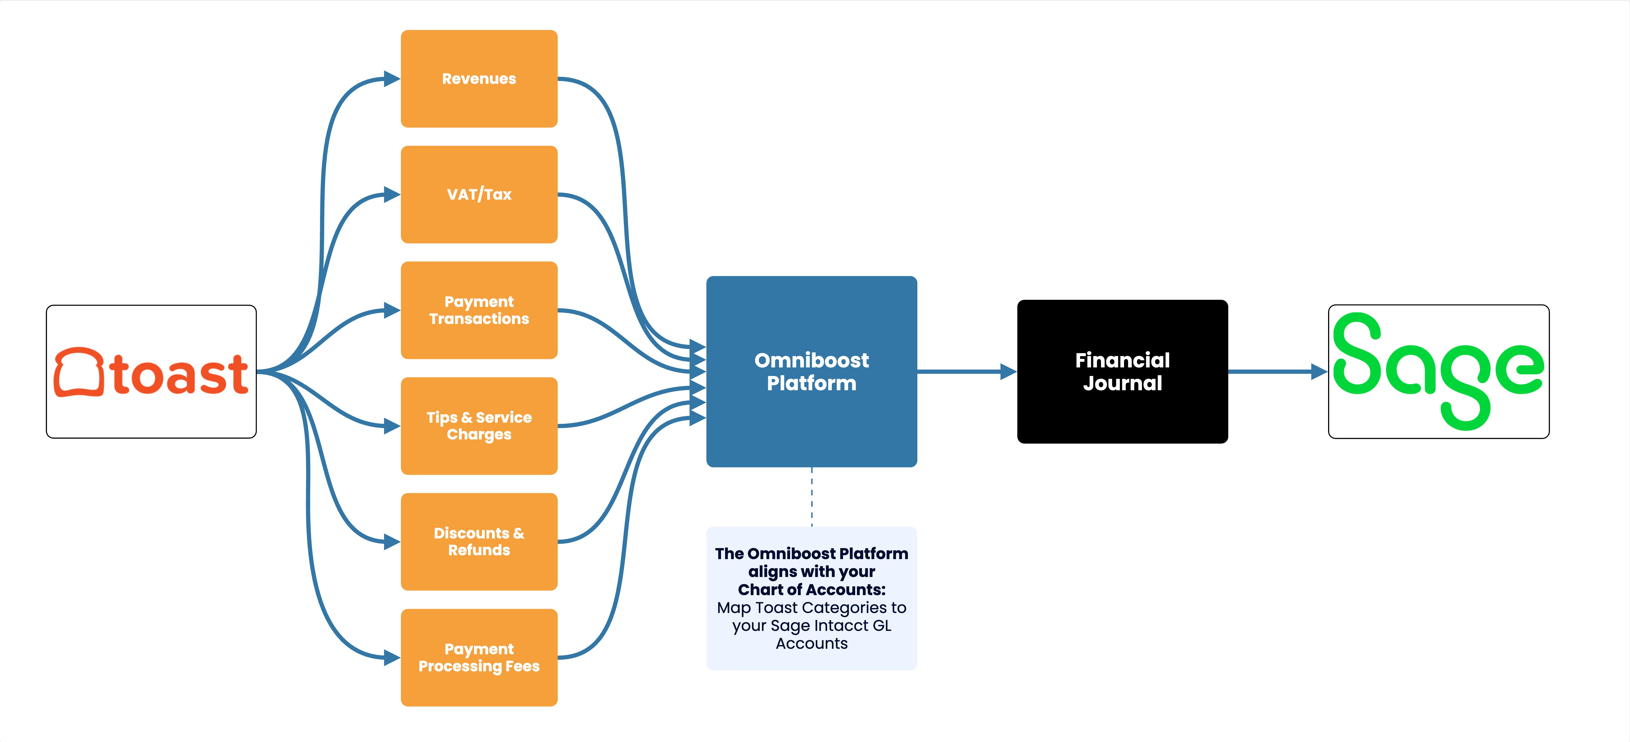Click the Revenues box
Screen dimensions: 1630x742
coord(479,78)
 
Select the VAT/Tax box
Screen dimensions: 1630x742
coord(479,194)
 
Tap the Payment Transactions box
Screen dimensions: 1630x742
coord(479,310)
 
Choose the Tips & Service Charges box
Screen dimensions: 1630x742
coord(479,426)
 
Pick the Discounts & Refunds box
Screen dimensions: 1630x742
coord(479,542)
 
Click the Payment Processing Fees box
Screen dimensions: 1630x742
coord(479,658)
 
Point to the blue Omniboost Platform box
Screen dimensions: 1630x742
coord(811,372)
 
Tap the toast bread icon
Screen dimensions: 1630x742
coord(78,372)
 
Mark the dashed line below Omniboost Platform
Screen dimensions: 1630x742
coord(812,497)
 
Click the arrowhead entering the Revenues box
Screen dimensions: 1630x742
coord(392,78)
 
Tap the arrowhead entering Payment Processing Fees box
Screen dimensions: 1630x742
coord(392,658)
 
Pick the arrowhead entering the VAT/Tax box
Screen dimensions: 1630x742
coord(392,194)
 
